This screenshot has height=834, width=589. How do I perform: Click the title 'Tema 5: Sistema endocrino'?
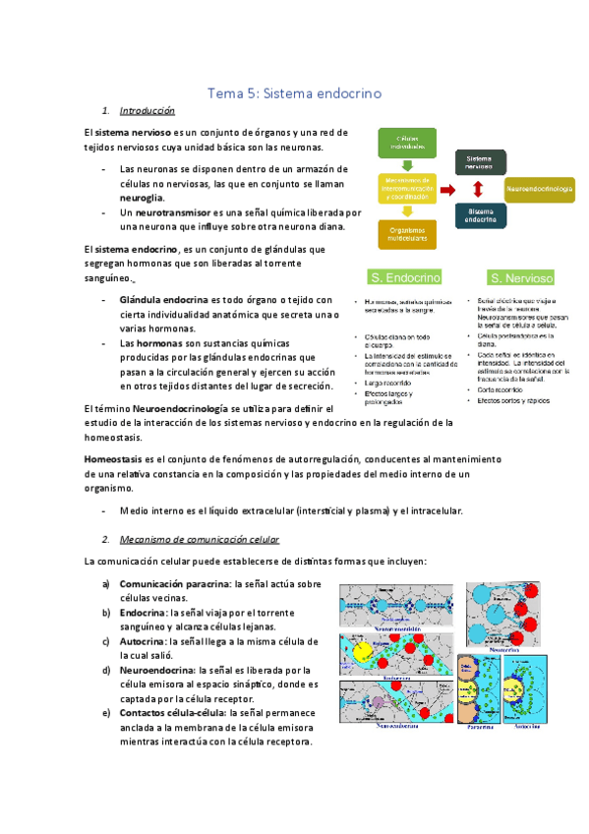[x=295, y=93]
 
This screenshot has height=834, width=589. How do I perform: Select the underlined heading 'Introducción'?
[x=147, y=111]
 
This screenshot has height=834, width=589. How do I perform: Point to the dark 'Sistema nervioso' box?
[x=479, y=160]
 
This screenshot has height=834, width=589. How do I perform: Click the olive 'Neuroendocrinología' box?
[x=540, y=186]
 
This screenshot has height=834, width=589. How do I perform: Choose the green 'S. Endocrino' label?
[x=403, y=277]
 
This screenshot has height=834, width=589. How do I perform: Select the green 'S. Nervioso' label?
[x=521, y=278]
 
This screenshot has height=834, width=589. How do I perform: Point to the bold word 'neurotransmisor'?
[x=162, y=212]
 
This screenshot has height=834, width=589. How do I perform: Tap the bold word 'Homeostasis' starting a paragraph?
[x=113, y=459]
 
